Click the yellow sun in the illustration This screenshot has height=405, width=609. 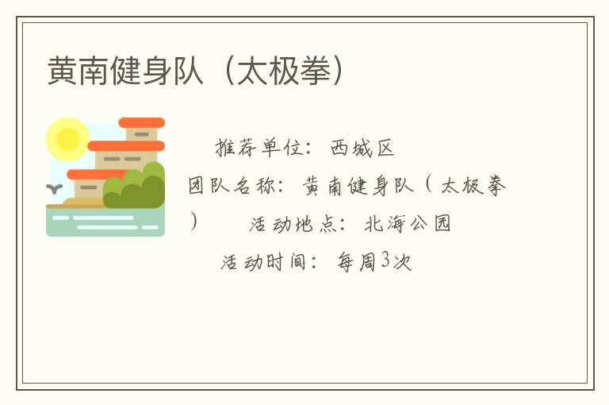tap(67, 139)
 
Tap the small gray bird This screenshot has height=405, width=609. tap(54, 189)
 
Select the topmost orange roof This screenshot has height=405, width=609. tap(141, 123)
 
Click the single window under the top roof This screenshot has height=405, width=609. tap(141, 135)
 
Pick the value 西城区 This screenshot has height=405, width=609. tap(362, 148)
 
